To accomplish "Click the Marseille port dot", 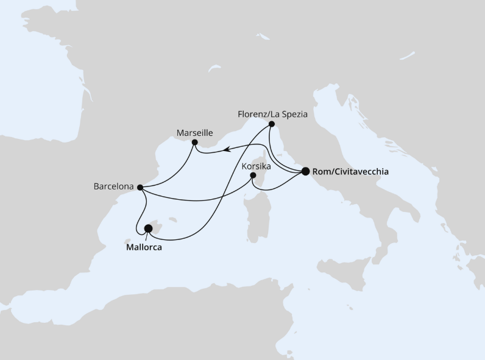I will pyautogui.click(x=194, y=143).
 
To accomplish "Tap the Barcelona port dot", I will pyautogui.click(x=141, y=188).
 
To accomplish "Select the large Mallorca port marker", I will pyautogui.click(x=148, y=228).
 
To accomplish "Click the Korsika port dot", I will pyautogui.click(x=253, y=177).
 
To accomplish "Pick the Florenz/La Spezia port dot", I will pyautogui.click(x=272, y=124).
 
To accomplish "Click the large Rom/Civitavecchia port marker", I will pyautogui.click(x=305, y=171).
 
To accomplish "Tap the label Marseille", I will pyautogui.click(x=194, y=132).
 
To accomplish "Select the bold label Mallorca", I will pyautogui.click(x=148, y=248).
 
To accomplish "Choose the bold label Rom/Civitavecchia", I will pyautogui.click(x=350, y=172).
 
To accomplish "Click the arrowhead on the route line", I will pyautogui.click(x=225, y=148).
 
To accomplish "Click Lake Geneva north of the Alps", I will pyautogui.click(x=214, y=69).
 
